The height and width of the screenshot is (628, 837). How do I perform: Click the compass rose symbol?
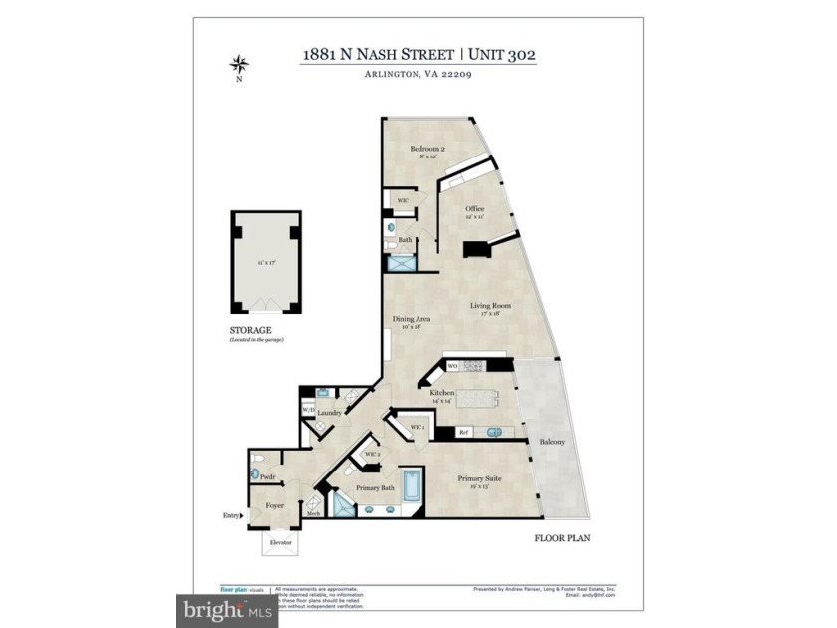(238, 66)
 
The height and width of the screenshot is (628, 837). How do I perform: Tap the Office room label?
(475, 209)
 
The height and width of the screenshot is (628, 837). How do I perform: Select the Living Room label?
(490, 306)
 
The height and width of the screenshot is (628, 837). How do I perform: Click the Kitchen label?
(442, 393)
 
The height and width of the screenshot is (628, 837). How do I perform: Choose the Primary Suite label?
(479, 479)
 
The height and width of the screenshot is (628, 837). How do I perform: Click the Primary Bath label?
(376, 488)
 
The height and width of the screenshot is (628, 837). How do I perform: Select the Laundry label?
(331, 412)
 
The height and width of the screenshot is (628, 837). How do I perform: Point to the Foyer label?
(274, 505)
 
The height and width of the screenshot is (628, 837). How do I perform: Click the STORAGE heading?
(250, 329)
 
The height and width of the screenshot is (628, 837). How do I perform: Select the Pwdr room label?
(267, 477)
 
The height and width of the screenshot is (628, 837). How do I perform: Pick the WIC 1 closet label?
(418, 427)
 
